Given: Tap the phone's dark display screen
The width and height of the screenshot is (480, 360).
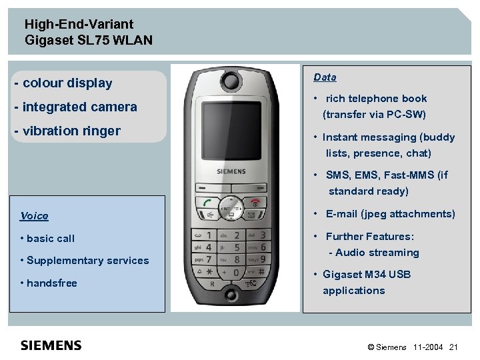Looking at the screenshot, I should pos(231,131).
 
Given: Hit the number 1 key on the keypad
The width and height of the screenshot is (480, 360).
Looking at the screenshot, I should pos(208,235).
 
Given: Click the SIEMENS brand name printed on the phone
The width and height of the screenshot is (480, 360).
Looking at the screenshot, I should pos(231,171).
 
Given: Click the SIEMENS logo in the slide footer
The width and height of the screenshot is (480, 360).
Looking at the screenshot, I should pos(51,345).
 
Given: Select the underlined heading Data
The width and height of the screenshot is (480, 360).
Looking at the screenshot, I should pos(325,77).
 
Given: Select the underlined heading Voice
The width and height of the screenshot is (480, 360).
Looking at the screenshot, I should pos(34,216).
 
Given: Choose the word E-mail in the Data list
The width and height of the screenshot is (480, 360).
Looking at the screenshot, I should pos(341,214).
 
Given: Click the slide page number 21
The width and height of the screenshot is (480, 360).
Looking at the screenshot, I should pos(454,347).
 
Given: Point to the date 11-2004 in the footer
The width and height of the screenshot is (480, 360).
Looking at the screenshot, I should pos(428,347).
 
